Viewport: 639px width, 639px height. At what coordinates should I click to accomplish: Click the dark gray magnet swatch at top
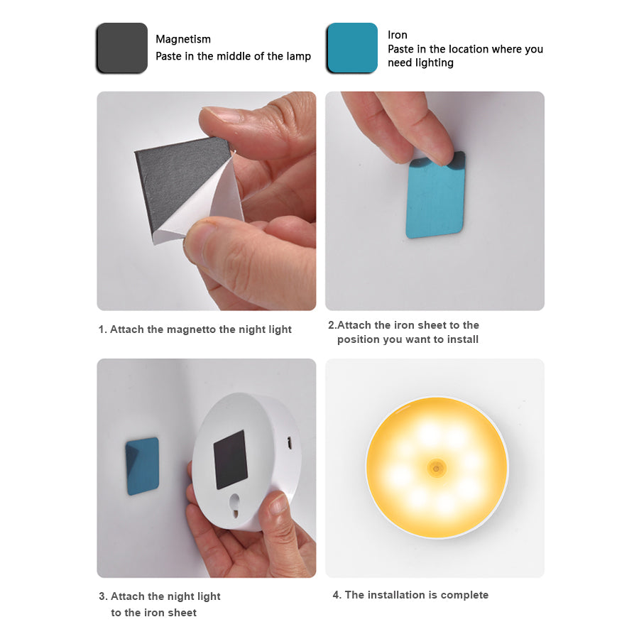(121, 48)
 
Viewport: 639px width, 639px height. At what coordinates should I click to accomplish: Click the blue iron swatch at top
(351, 48)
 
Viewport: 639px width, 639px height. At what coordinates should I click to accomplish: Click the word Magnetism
(183, 39)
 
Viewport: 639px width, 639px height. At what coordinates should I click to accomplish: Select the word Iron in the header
(398, 35)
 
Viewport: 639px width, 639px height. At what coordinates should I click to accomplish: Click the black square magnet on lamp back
(231, 459)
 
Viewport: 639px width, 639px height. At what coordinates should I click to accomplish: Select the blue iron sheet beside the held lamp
(143, 466)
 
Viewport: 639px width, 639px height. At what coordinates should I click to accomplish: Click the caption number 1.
(102, 329)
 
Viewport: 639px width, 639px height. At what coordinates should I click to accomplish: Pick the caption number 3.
(102, 596)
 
